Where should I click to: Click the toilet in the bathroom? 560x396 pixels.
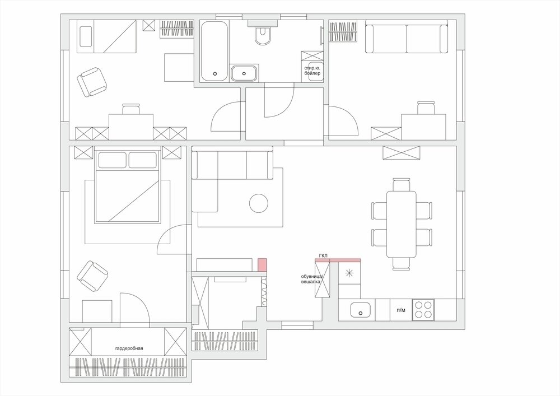(263, 35)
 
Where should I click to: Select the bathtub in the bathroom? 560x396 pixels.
(214, 52)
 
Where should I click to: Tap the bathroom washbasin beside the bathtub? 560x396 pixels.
(244, 73)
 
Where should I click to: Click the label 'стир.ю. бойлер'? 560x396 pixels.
(312, 71)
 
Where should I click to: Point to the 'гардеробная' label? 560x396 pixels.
(129, 348)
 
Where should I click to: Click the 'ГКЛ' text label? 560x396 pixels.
(323, 255)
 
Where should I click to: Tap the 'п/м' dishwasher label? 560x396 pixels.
(401, 310)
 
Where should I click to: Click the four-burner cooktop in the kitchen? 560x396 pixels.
(423, 310)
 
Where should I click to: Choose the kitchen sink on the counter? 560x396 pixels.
(360, 310)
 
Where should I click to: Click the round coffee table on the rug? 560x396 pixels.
(259, 203)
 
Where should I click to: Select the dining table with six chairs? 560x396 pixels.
(402, 224)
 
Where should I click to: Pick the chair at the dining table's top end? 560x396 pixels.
(402, 185)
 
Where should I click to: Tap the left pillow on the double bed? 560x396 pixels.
(112, 160)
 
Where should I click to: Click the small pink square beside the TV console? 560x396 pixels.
(262, 264)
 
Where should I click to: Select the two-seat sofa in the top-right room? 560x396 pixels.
(407, 37)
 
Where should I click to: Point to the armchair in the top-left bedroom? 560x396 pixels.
(92, 82)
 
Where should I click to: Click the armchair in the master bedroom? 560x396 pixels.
(92, 276)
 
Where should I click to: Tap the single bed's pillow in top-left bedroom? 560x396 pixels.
(86, 36)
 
